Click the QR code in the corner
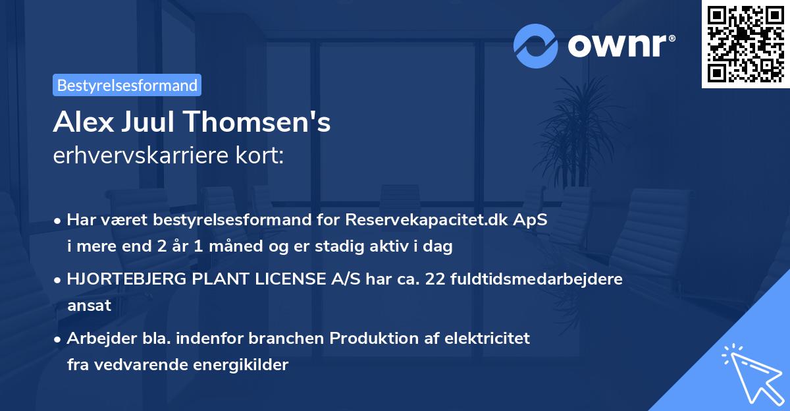(746, 43)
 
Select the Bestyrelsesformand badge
(127, 85)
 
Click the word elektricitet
(489, 339)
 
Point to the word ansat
(89, 305)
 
